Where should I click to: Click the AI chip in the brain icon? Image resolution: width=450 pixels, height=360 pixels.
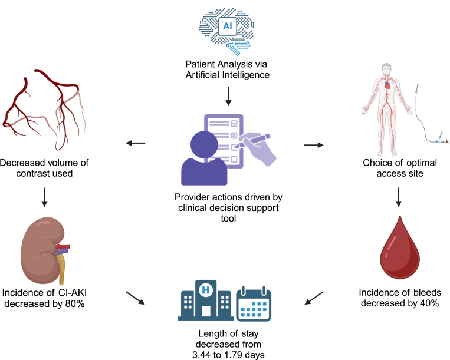click(228, 26)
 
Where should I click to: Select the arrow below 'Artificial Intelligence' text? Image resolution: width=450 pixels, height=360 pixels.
click(228, 96)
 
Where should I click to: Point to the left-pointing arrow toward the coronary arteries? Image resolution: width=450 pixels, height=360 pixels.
click(136, 143)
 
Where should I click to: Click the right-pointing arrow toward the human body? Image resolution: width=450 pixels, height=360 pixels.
click(314, 145)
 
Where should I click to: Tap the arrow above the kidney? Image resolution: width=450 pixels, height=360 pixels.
click(44, 197)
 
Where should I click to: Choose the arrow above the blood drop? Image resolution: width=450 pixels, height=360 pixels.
click(398, 197)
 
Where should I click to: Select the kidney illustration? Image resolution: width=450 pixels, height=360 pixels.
click(44, 251)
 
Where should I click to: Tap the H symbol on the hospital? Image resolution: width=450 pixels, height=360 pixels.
click(206, 290)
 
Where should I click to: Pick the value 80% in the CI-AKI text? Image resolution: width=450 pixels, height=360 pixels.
click(75, 303)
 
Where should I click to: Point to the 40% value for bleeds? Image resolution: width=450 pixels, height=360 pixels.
click(429, 303)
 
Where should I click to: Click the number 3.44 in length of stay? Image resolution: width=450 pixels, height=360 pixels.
click(202, 355)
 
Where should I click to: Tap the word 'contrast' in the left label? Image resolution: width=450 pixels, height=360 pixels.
click(32, 173)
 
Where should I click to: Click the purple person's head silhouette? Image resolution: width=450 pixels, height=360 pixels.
click(204, 144)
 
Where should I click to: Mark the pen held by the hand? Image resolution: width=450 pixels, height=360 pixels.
click(252, 141)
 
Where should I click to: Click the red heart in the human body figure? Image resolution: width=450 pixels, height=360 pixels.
click(387, 85)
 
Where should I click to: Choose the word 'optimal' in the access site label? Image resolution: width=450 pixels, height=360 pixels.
click(421, 163)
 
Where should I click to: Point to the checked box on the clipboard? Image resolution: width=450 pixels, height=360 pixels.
click(234, 123)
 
